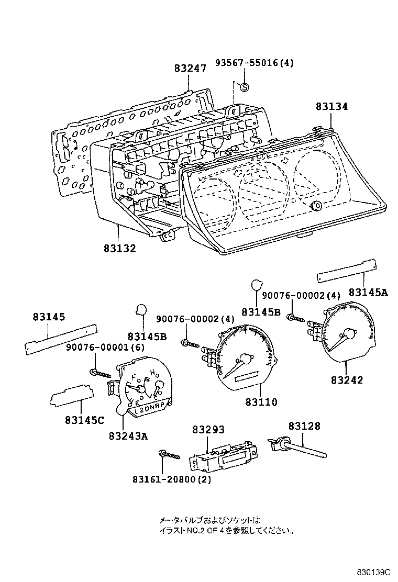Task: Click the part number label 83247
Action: tap(190, 69)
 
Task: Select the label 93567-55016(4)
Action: tap(254, 63)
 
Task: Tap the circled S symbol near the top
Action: tap(245, 87)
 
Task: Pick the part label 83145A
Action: tap(368, 293)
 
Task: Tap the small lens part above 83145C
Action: tap(72, 396)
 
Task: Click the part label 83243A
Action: tap(129, 435)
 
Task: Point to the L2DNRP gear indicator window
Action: tap(148, 411)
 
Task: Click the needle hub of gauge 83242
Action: tap(348, 333)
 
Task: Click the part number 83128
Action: tap(304, 427)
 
